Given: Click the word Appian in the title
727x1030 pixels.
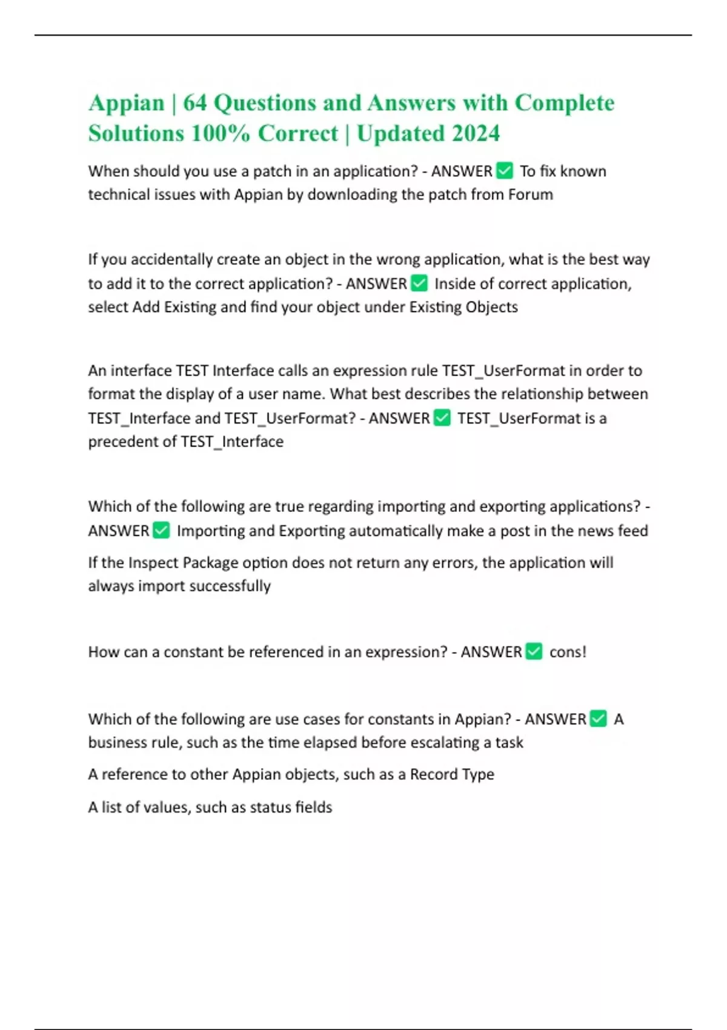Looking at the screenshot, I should [x=126, y=103].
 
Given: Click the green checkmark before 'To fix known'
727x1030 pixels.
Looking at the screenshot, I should [x=504, y=171].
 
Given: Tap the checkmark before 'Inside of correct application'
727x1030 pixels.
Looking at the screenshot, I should [x=419, y=283].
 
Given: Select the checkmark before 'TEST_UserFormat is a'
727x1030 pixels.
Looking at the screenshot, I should [x=442, y=417].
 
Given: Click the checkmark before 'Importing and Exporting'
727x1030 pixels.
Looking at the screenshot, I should [x=161, y=530].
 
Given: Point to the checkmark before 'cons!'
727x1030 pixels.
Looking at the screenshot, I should [x=534, y=651].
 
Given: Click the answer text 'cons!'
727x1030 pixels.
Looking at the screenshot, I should [x=568, y=652].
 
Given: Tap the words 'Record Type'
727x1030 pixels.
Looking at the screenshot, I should [x=452, y=774].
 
